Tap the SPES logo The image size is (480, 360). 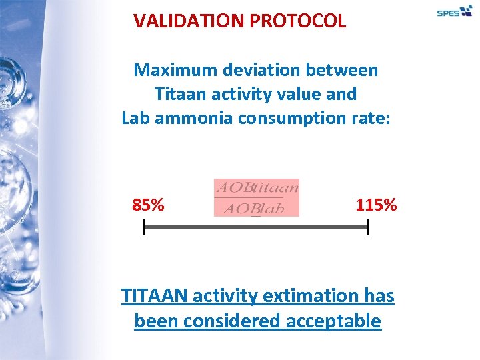click(454, 12)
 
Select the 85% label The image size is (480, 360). click(148, 205)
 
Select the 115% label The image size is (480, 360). click(377, 205)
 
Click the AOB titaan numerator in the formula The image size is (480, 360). click(257, 187)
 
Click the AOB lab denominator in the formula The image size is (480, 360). click(253, 208)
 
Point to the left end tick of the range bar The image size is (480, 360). click(144, 228)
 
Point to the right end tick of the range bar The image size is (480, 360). click(367, 228)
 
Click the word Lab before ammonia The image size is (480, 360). click(137, 118)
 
